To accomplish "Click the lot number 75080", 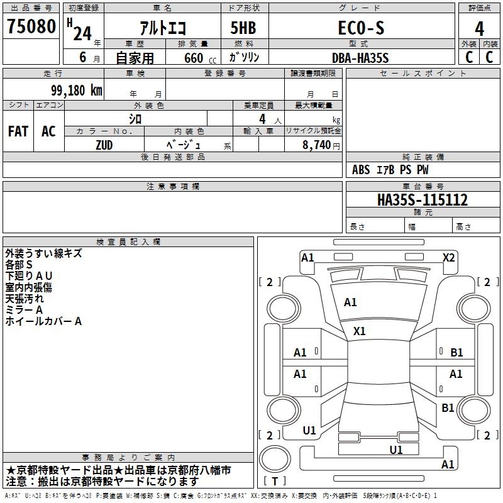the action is pos(31,26).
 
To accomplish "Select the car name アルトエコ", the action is pos(162,28).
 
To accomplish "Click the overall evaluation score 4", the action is pos(480,28).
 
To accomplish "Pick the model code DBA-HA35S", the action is pos(360,58).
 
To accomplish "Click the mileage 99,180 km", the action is pos(77,90).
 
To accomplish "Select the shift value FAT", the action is pos(18,131).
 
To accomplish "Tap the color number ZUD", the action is pos(104,145).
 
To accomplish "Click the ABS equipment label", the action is pos(361,170).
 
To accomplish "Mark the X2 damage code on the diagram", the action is pos(448,257).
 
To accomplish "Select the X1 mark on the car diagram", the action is pos(360,331).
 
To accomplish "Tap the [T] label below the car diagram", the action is pos(275,482).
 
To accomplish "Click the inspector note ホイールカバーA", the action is pos(43,321).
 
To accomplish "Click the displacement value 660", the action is pos(194,58).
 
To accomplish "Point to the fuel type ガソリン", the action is pos(244,57).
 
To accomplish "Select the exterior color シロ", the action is pos(135,118).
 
